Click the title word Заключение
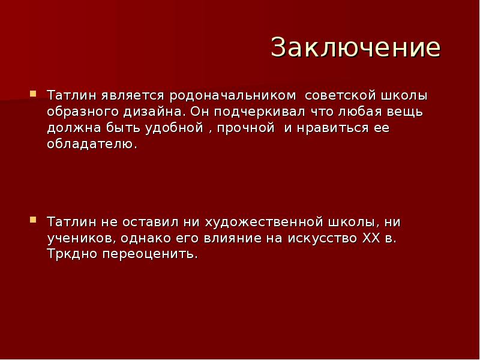(x=355, y=47)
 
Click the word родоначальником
(x=233, y=95)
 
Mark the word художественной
(x=269, y=221)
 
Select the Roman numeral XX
(x=371, y=238)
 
